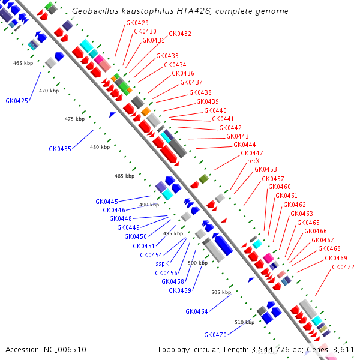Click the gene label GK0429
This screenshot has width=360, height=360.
(137, 23)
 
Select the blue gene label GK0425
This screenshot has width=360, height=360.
(17, 101)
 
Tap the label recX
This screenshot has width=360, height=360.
(253, 161)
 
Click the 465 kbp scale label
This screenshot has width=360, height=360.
(23, 62)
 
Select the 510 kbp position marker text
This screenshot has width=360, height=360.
(244, 322)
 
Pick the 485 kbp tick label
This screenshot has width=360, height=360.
(125, 176)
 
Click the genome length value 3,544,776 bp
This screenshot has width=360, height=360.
(281, 349)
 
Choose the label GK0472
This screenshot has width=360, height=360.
(343, 267)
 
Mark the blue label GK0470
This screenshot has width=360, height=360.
(215, 335)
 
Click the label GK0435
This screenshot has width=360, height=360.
(60, 149)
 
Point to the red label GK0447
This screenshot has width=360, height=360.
(252, 153)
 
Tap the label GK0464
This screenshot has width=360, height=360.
(197, 311)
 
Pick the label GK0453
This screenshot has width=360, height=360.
(266, 169)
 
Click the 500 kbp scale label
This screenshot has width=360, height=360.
(198, 263)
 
